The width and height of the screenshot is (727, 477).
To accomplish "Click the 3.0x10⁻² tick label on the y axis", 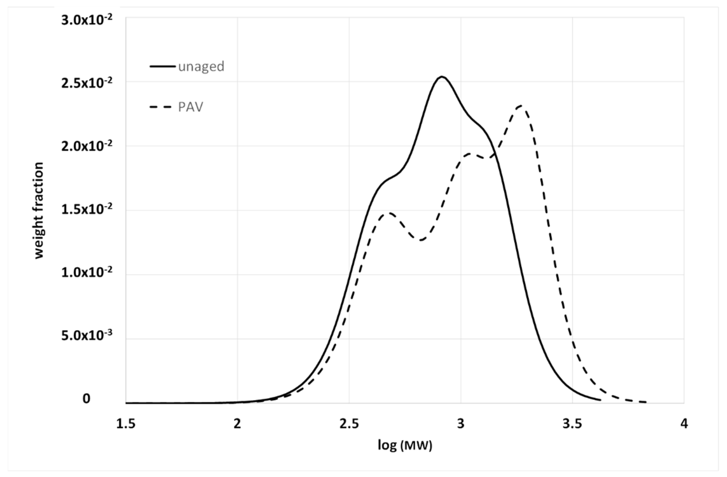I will click(87, 21).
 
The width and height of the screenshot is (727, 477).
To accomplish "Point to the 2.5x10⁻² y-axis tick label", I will click(87, 83).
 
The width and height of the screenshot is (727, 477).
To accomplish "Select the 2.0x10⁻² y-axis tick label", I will click(87, 147).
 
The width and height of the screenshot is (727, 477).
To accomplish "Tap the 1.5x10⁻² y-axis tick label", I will click(87, 210).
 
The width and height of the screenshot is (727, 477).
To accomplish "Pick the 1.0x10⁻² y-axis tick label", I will click(87, 273).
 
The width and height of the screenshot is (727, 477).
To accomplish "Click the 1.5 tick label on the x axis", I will click(126, 424).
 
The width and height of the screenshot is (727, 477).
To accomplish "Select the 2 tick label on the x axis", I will click(237, 424).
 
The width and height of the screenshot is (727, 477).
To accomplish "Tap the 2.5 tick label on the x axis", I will click(349, 424).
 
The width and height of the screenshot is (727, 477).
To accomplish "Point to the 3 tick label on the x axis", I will click(461, 424).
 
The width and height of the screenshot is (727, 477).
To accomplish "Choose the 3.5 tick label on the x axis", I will click(572, 424).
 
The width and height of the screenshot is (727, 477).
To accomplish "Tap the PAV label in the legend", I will click(191, 107).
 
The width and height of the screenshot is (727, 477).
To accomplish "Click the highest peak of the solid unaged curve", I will click(441, 77).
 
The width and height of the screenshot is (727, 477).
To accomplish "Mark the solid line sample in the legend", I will click(162, 66).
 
